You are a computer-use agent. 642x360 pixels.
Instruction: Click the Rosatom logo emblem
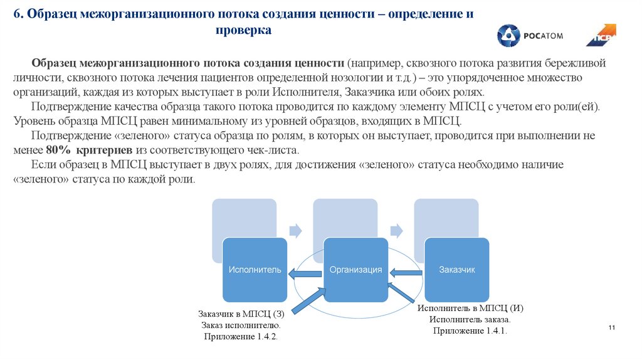pos(508,36)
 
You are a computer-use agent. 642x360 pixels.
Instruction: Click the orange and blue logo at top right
pos(601,35)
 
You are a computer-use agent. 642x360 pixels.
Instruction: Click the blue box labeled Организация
pos(355,270)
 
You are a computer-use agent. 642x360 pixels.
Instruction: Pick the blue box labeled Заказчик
pos(456,270)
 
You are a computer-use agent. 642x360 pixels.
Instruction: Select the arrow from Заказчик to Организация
pos(406,272)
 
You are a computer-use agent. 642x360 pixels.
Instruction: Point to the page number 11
pos(613,329)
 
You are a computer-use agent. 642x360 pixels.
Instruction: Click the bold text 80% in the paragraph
pos(56,151)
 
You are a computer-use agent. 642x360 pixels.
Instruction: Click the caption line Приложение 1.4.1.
pos(470,331)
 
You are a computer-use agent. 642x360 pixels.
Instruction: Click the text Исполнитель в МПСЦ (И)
pos(470,308)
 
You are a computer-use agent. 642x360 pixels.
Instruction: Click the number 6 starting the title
pos(17,13)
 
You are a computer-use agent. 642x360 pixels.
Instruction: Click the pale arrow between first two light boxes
pos(295,230)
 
